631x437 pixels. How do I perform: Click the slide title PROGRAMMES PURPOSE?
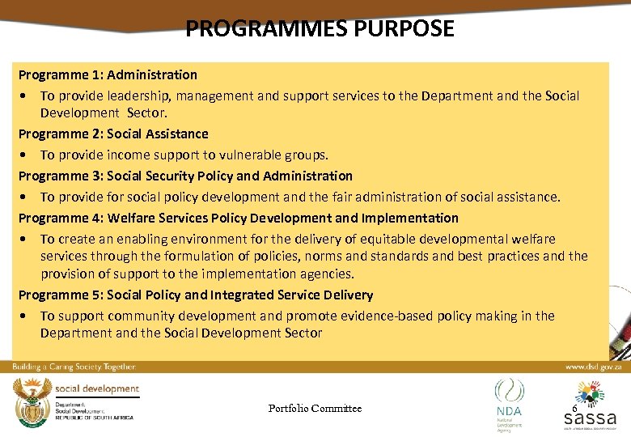(x=320, y=29)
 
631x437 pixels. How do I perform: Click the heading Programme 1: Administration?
(x=108, y=74)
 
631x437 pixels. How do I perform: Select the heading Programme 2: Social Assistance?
(x=113, y=134)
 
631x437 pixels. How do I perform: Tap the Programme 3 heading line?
(x=185, y=176)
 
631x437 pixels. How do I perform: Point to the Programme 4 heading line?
(x=238, y=218)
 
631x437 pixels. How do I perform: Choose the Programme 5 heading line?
(x=196, y=295)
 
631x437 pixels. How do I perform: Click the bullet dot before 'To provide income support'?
(x=27, y=155)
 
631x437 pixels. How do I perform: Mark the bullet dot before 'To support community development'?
(x=27, y=316)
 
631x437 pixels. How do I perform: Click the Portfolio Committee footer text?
(x=315, y=408)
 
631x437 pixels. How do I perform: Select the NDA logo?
(x=510, y=400)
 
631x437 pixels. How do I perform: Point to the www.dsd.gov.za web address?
(x=594, y=367)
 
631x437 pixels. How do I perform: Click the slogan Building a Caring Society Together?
(x=74, y=367)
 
